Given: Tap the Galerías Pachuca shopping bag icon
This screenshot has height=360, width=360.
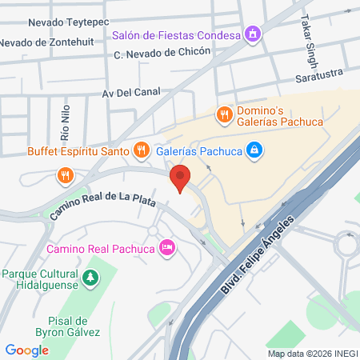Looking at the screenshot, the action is click(x=254, y=150).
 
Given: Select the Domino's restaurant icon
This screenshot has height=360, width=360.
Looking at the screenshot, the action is click(x=224, y=114).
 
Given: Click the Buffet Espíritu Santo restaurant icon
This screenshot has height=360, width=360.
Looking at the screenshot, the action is click(x=142, y=150).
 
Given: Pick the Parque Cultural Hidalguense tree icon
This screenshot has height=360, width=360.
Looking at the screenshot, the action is click(x=92, y=278).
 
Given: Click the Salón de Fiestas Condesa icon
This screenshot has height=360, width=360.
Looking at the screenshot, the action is click(x=254, y=34).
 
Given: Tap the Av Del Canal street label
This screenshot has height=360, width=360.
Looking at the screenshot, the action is click(x=132, y=93).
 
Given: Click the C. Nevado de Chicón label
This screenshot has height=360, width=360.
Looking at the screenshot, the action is click(x=162, y=53).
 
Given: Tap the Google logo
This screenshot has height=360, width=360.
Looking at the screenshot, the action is click(x=26, y=350).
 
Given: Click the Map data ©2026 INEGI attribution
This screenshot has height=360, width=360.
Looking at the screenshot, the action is click(x=312, y=354).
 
